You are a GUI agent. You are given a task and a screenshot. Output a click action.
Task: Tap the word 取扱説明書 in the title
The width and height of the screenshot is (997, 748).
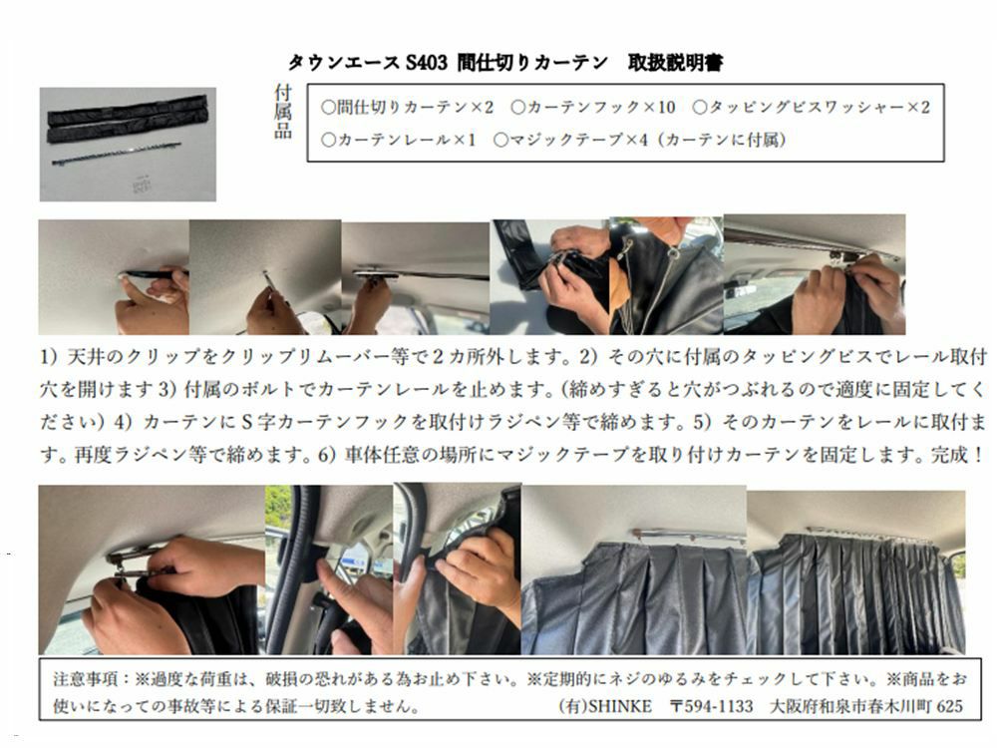click(x=675, y=62)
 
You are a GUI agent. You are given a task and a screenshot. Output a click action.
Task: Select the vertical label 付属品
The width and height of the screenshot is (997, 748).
click(x=283, y=112)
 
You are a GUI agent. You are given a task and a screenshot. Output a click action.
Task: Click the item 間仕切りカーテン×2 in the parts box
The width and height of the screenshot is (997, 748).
click(x=407, y=107)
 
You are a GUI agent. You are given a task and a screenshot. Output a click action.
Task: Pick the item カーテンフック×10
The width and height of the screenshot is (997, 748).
click(x=592, y=107)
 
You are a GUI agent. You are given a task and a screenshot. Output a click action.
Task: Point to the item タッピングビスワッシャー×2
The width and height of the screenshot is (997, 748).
click(x=812, y=107)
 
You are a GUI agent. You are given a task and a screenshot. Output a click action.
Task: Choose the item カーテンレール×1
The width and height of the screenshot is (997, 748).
click(x=399, y=140)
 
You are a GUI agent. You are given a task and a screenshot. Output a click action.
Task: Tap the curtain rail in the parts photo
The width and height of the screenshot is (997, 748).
click(x=116, y=154)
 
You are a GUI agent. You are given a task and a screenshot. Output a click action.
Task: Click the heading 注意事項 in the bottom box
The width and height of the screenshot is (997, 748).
click(x=85, y=679)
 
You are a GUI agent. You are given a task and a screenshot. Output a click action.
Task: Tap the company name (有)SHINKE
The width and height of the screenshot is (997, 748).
click(x=605, y=706)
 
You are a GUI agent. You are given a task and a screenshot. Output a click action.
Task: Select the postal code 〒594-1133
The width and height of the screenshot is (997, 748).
click(x=712, y=706)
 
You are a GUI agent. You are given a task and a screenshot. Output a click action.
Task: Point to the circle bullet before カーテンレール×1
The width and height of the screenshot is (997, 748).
click(x=328, y=140)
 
